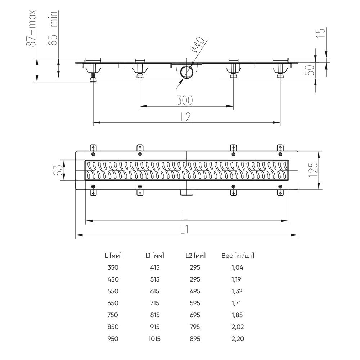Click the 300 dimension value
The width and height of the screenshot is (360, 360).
(185, 100)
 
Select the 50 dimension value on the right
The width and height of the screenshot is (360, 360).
(311, 69)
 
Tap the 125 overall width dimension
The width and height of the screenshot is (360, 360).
(313, 170)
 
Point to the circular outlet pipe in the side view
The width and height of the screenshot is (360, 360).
(187, 72)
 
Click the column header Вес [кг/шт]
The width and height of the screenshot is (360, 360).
(238, 256)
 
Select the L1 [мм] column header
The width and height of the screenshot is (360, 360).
(155, 256)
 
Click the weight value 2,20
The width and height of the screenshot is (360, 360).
(238, 339)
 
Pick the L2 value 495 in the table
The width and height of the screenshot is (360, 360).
(195, 291)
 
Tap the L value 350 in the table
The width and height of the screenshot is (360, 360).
(113, 267)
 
